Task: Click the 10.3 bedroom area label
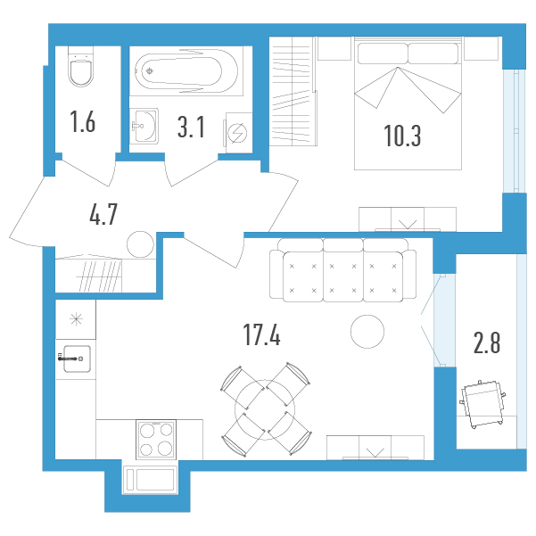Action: click(x=402, y=136)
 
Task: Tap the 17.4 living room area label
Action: click(x=261, y=335)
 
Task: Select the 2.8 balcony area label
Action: click(x=487, y=342)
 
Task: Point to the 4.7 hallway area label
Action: click(x=103, y=214)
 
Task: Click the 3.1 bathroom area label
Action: click(x=191, y=127)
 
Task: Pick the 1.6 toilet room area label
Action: click(x=82, y=121)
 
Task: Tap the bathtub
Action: click(x=186, y=71)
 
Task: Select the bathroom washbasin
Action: click(x=144, y=126)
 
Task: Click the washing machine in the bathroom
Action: click(x=238, y=133)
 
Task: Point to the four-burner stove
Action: click(x=156, y=440)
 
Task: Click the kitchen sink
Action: click(x=77, y=359)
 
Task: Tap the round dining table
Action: click(x=265, y=409)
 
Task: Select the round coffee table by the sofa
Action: click(x=367, y=331)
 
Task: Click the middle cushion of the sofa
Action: click(x=342, y=276)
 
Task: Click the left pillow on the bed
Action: click(x=383, y=54)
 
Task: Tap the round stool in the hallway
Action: click(x=140, y=244)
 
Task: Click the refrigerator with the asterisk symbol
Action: click(x=76, y=319)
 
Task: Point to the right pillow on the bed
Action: click(x=433, y=54)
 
